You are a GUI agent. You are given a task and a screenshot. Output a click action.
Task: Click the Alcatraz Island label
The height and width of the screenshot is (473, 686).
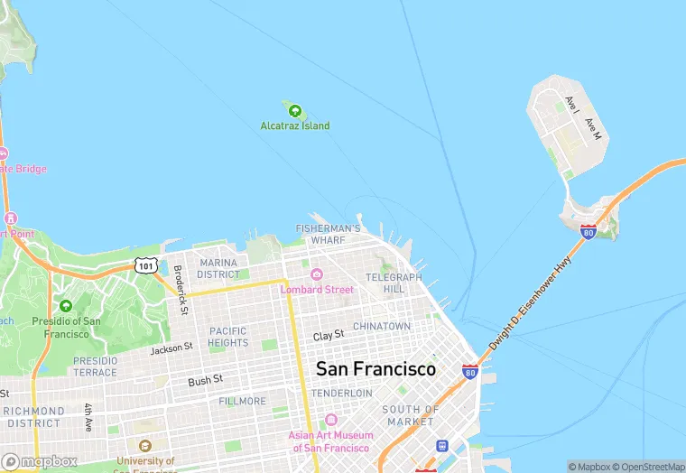[295, 125]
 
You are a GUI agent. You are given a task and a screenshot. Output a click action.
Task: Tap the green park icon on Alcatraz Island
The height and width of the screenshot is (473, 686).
[294, 111]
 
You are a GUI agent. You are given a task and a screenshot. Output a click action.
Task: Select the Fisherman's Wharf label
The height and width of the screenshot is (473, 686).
[329, 235]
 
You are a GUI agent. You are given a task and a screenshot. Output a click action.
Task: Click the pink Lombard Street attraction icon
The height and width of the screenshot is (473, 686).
[316, 274]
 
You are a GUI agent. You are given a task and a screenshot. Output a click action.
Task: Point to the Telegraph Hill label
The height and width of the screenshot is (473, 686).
[394, 283]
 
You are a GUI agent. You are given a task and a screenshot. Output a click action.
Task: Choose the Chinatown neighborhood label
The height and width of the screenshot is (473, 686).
[382, 326]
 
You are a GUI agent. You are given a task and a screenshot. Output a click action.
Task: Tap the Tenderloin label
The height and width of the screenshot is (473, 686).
[342, 394]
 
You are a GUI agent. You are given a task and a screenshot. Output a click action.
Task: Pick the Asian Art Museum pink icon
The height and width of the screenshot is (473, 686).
[330, 420]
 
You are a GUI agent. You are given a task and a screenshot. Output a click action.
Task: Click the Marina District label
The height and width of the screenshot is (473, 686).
[218, 268]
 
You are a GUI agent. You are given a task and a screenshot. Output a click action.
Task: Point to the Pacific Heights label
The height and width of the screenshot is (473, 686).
[228, 337]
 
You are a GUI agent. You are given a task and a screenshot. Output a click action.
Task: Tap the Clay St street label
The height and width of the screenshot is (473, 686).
[329, 336]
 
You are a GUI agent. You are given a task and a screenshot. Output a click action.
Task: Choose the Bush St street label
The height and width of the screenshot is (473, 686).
[205, 382]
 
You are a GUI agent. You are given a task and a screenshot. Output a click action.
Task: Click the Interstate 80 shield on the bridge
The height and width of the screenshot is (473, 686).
[588, 232]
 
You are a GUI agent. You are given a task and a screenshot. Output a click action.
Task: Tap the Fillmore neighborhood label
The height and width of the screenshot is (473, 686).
[242, 401]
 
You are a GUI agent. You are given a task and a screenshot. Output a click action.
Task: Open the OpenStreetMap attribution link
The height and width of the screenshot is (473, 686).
[647, 467]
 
